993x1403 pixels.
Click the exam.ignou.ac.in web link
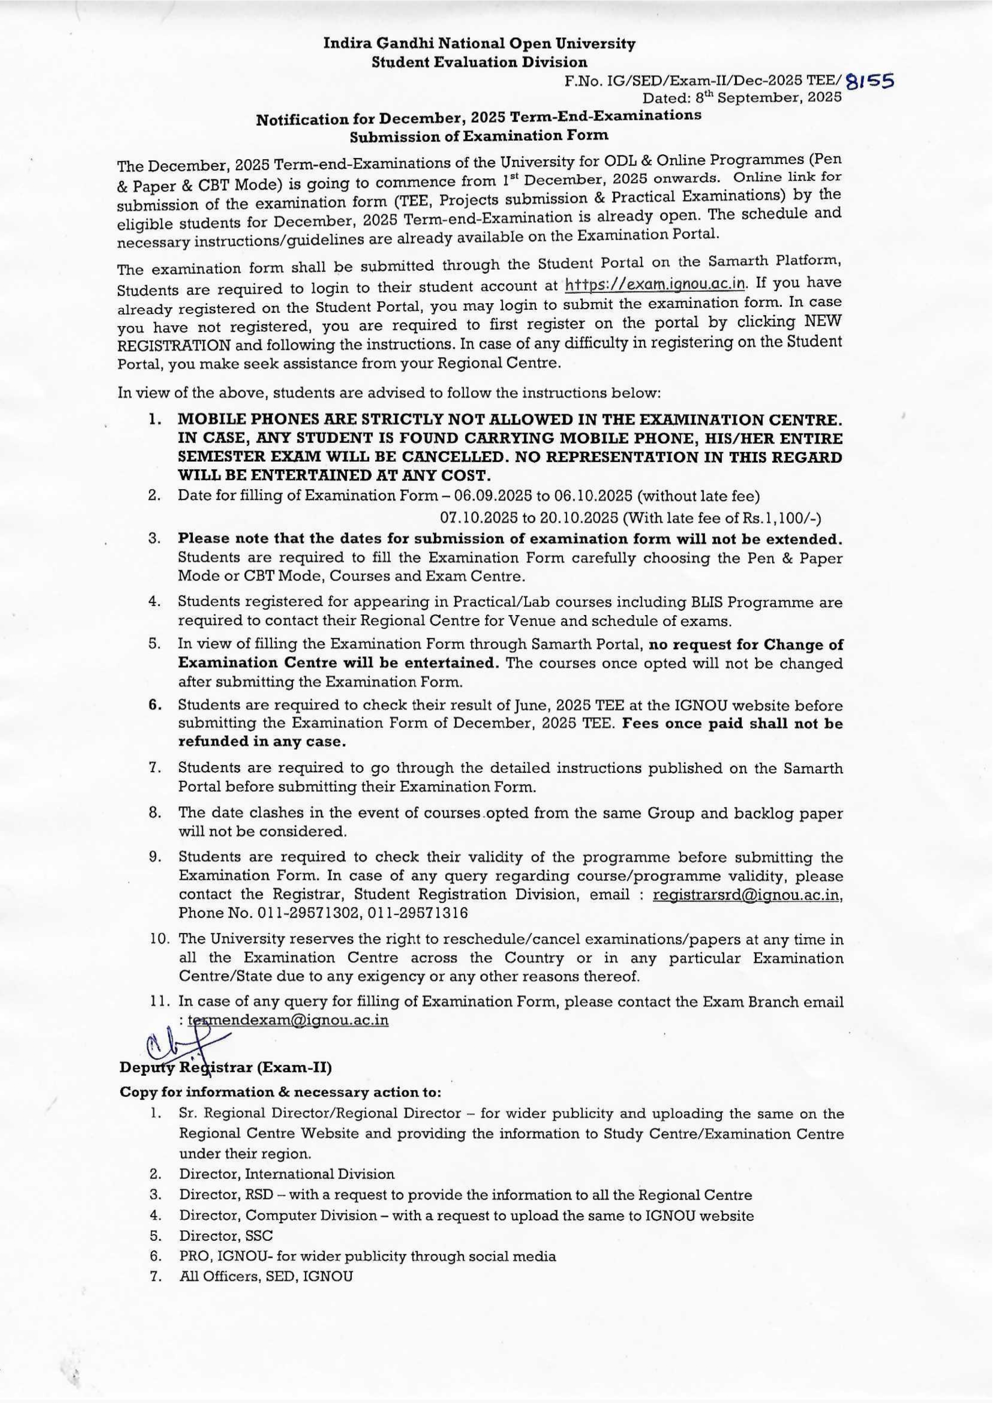[656, 285]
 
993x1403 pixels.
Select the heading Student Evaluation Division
[479, 62]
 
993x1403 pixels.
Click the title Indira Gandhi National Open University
[479, 44]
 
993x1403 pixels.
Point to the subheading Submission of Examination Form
[479, 135]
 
